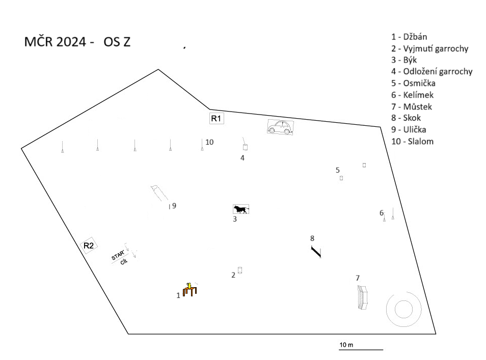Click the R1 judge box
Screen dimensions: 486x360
(x=217, y=118)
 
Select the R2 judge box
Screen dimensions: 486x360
(x=89, y=245)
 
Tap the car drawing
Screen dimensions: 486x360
(x=280, y=127)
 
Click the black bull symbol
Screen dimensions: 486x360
(x=241, y=209)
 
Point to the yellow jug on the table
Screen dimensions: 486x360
(x=188, y=285)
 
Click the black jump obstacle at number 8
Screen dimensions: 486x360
(x=316, y=252)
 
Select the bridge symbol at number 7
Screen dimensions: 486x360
(x=362, y=297)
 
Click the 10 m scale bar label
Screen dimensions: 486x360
(x=346, y=345)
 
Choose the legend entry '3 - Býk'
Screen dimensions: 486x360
(x=404, y=60)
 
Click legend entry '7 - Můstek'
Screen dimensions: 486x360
(x=412, y=106)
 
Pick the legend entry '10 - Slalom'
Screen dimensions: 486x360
(x=412, y=141)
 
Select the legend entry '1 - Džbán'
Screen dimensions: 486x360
(x=409, y=37)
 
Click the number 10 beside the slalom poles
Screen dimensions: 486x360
(x=209, y=142)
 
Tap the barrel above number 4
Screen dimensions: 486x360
(x=245, y=147)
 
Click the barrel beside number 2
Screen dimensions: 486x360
(x=239, y=270)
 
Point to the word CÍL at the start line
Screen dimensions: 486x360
(x=124, y=262)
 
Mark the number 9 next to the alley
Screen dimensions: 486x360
(x=174, y=206)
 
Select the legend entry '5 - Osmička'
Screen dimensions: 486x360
(x=413, y=83)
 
